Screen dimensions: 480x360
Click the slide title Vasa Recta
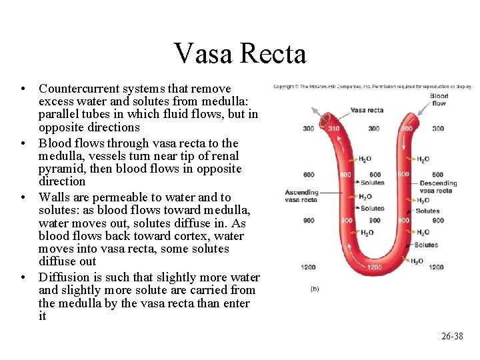pyautogui.click(x=239, y=53)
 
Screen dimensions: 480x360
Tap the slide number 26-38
pyautogui.click(x=452, y=336)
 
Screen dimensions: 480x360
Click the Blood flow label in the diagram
pyautogui.click(x=439, y=99)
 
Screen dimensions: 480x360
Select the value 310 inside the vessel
pyautogui.click(x=333, y=128)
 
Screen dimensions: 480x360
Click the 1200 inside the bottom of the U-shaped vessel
pyautogui.click(x=375, y=267)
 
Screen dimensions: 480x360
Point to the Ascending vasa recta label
pyautogui.click(x=302, y=196)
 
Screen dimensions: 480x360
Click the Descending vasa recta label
pyautogui.click(x=438, y=187)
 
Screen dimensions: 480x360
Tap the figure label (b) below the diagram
pyautogui.click(x=315, y=289)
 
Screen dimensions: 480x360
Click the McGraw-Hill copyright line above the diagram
pyautogui.click(x=372, y=87)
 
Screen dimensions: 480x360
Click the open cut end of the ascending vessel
pyautogui.click(x=326, y=121)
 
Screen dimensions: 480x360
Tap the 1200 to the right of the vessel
pyautogui.click(x=436, y=267)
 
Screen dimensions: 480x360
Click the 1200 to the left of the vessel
pyautogui.click(x=308, y=267)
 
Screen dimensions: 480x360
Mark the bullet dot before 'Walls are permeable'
pyautogui.click(x=23, y=198)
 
